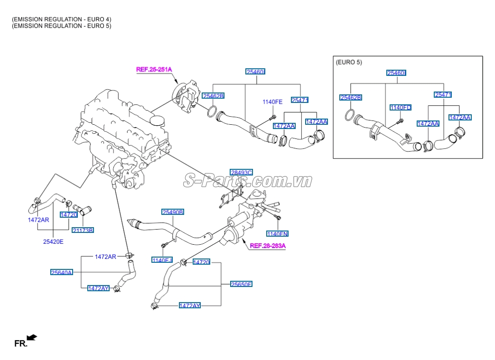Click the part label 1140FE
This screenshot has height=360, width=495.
[x=272, y=102]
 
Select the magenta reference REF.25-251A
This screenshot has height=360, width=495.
[x=154, y=69]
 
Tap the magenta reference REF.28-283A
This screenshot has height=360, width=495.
[x=268, y=246]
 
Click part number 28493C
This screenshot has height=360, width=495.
[x=241, y=172]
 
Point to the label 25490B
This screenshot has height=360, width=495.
[x=173, y=212]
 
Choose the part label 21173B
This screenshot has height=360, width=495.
[x=83, y=230]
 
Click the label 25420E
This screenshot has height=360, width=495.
[x=53, y=241]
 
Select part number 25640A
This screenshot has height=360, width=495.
[x=62, y=272]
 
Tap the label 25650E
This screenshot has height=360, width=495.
[x=241, y=284]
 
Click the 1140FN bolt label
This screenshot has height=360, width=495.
[x=277, y=234]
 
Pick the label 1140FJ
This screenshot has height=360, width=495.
[x=162, y=260]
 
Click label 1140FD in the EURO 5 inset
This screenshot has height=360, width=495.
[x=401, y=108]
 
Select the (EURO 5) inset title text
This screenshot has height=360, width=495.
[x=349, y=62]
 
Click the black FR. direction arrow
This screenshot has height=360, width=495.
[x=32, y=337]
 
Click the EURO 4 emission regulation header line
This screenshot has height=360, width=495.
[x=62, y=19]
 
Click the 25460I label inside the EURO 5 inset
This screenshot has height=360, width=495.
[x=396, y=73]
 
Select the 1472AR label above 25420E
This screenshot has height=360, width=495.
[x=38, y=220]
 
